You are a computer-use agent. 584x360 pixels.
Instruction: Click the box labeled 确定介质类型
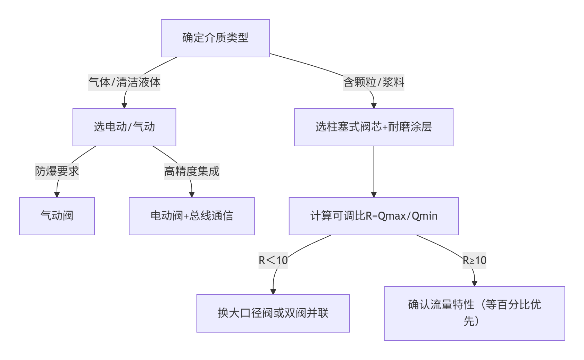(x=215, y=38)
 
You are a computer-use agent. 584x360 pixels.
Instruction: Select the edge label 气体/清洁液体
(x=124, y=82)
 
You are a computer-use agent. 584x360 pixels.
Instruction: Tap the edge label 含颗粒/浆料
(x=374, y=82)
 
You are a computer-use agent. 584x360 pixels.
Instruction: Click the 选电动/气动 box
(x=124, y=127)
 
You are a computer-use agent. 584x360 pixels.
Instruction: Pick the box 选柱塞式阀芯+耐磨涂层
(x=374, y=127)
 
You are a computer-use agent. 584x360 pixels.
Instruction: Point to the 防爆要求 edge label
(x=57, y=171)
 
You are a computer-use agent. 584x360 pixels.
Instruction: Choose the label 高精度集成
(x=192, y=171)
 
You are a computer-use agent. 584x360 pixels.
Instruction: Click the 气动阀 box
(x=57, y=216)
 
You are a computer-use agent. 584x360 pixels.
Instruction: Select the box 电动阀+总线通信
(x=192, y=216)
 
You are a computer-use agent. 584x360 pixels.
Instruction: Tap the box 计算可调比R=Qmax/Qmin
(x=374, y=216)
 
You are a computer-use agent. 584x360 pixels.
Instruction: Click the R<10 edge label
(x=273, y=260)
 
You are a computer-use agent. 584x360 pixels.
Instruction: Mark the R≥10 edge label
(x=474, y=260)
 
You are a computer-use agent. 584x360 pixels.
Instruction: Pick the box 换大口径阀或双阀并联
(x=273, y=313)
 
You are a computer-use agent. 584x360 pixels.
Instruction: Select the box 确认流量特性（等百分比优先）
(x=474, y=313)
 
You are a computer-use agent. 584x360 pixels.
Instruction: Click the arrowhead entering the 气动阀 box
(x=57, y=194)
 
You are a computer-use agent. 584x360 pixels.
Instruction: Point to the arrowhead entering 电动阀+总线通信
(x=192, y=194)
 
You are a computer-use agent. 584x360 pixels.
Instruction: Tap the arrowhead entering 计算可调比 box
(x=374, y=194)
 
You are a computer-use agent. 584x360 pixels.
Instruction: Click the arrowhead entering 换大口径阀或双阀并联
(x=273, y=292)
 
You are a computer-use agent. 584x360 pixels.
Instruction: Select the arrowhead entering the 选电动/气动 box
(x=124, y=105)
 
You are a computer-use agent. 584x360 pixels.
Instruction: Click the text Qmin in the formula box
(x=424, y=216)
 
